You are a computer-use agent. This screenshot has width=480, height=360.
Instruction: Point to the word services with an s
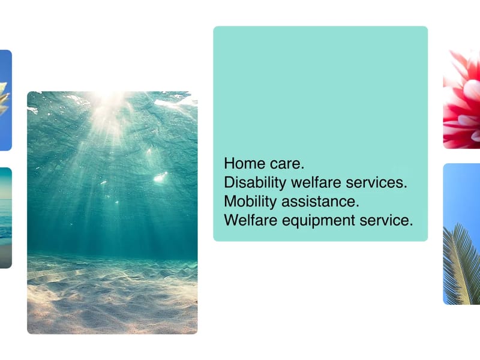click(374, 182)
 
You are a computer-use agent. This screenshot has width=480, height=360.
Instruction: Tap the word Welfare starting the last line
click(251, 220)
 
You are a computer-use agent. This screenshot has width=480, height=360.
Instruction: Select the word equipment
click(319, 221)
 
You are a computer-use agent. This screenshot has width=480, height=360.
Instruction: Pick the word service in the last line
click(384, 220)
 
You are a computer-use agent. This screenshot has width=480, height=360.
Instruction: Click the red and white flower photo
click(461, 99)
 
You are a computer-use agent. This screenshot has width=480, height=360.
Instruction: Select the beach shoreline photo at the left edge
click(6, 218)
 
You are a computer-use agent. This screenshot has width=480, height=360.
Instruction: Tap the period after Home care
click(302, 168)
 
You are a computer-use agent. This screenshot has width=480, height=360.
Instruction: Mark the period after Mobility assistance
click(357, 206)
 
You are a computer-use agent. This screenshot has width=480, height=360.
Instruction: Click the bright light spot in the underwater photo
click(160, 177)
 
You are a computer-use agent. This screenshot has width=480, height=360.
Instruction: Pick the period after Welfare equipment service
click(411, 225)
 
